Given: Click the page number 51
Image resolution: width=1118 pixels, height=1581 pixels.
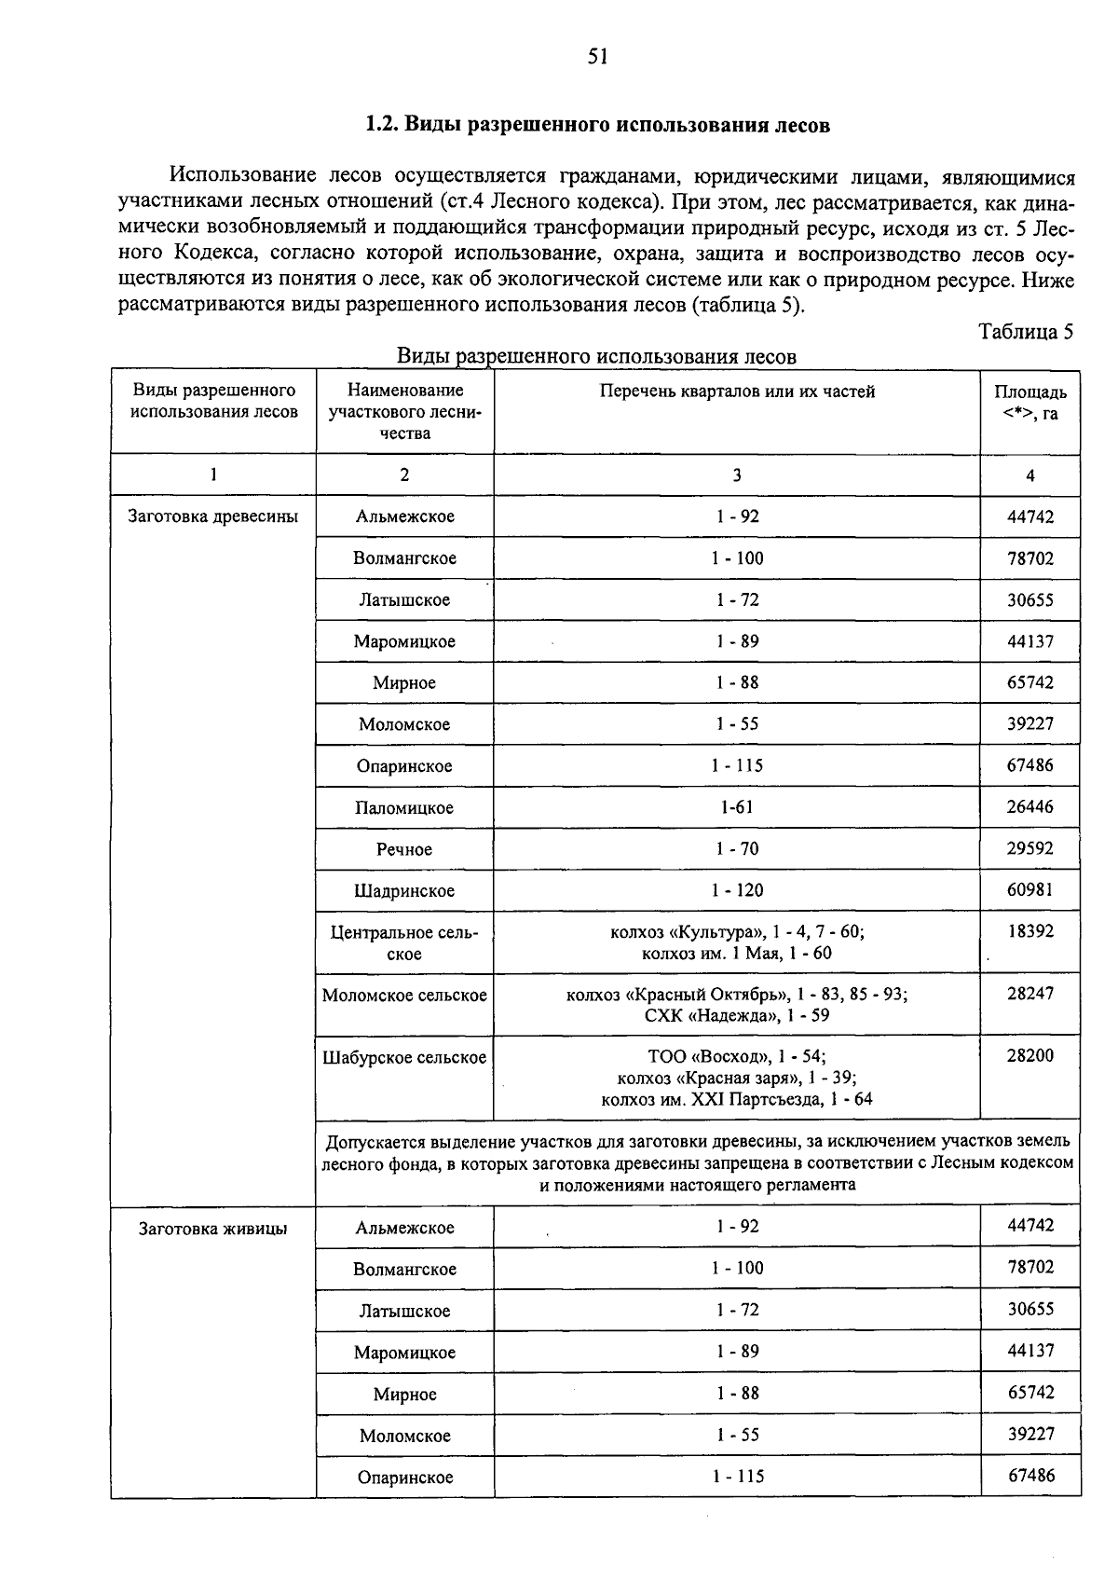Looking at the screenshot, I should (597, 58).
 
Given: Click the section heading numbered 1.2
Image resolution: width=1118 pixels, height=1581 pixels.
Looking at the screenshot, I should (597, 125).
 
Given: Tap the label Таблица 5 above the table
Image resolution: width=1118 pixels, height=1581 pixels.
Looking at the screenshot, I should (1026, 332).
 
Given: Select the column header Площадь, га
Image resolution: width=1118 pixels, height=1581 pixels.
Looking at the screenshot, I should (1029, 403).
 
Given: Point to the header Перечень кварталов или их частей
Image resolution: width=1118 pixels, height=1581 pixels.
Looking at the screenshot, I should (737, 392).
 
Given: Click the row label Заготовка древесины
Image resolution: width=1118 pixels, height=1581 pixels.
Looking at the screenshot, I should (212, 516).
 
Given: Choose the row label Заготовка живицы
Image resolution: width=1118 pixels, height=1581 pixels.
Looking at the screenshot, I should (212, 1229).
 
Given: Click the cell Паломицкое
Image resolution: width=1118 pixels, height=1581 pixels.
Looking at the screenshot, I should (404, 808).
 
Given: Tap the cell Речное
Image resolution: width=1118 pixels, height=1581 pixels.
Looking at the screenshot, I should (404, 849).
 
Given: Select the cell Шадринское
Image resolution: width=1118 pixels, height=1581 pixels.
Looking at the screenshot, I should (404, 891).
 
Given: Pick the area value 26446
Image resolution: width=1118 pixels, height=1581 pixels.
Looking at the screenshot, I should (1030, 807).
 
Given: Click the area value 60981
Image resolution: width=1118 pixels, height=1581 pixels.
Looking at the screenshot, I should (1030, 890).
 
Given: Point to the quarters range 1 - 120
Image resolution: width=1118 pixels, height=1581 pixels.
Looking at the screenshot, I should (737, 890).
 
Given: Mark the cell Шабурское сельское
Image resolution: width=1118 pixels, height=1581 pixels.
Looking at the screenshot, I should (404, 1058).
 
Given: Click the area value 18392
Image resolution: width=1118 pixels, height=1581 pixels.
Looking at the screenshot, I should (1030, 931).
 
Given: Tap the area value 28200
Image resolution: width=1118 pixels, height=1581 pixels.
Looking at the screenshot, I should (1030, 1056).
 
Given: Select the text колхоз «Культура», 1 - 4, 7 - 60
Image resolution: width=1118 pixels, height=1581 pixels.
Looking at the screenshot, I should (737, 931).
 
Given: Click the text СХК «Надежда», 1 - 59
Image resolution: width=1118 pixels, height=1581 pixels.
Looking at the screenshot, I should (737, 1015).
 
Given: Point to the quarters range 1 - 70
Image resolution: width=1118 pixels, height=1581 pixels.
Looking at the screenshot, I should (737, 849).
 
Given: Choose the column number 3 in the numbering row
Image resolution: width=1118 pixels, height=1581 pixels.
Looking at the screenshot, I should (737, 475).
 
